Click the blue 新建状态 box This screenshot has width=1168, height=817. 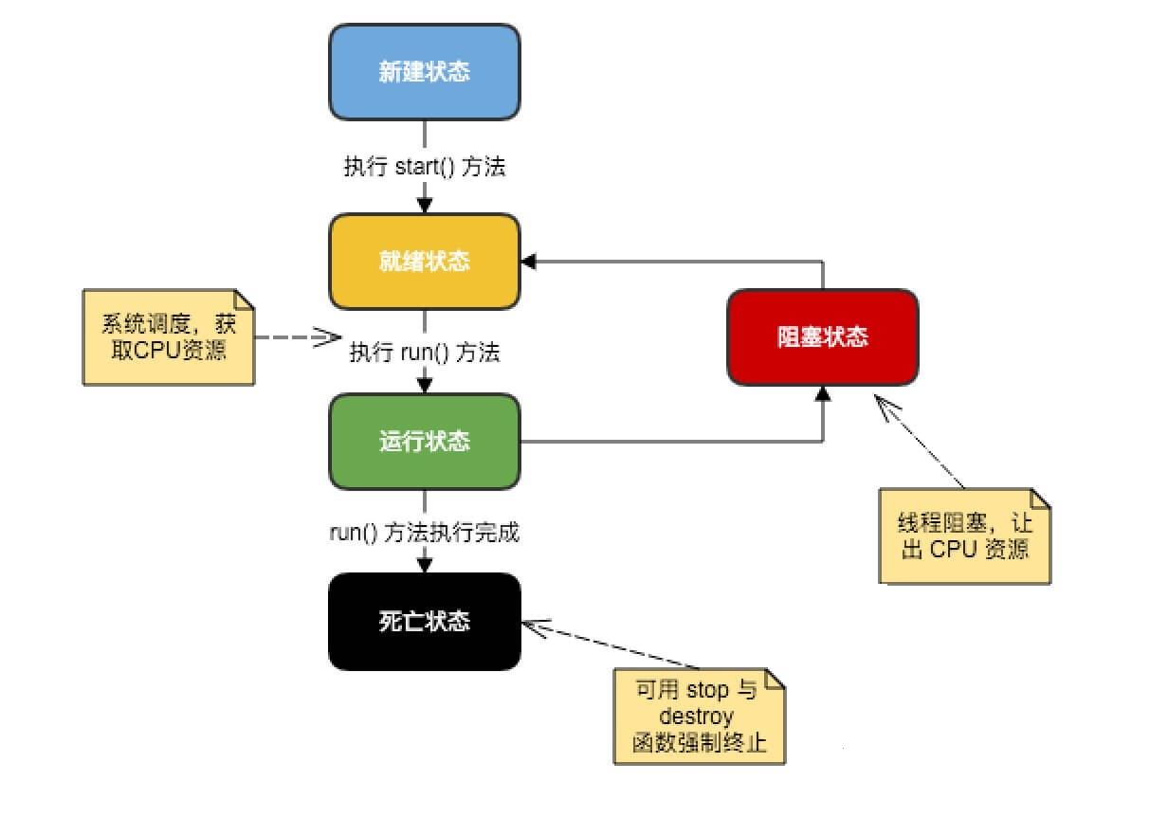[424, 72]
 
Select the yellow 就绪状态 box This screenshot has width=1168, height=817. [424, 261]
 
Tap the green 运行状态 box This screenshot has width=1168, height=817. [424, 442]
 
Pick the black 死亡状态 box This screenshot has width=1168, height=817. [424, 622]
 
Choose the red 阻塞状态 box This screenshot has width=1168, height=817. [822, 337]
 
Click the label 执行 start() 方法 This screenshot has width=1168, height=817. [424, 168]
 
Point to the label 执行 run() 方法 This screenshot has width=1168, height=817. [424, 353]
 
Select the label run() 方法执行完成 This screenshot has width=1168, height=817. [424, 533]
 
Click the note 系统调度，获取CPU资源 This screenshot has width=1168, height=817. [168, 336]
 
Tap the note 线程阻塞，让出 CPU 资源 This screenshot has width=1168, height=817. [965, 536]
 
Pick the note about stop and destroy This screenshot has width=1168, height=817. [699, 716]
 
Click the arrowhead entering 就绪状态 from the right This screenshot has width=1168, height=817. [529, 261]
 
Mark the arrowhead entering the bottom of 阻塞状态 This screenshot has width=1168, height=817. [822, 392]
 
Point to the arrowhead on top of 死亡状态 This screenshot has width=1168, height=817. [424, 565]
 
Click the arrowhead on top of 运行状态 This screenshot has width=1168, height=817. [424, 385]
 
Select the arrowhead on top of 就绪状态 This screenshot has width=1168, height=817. [424, 205]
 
